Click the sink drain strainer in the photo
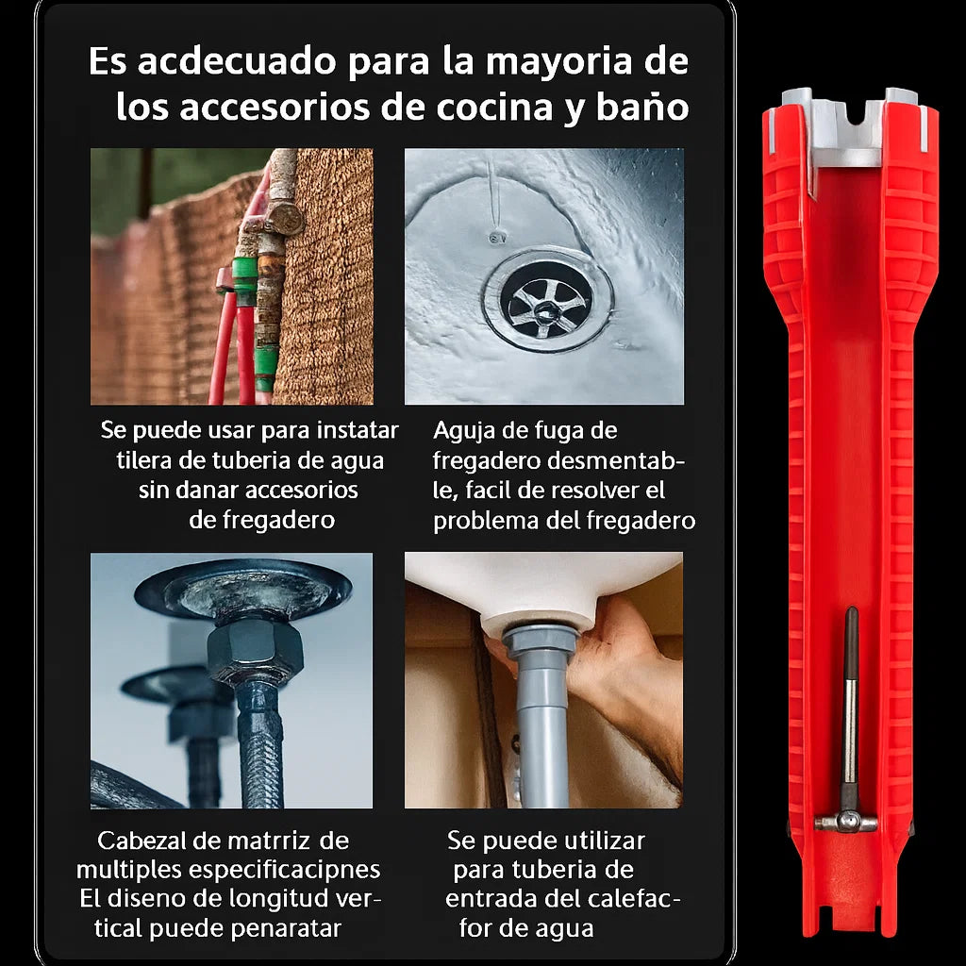[547, 299]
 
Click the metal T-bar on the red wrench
[845, 821]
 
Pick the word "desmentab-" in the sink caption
[613, 461]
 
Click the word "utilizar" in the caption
[598, 841]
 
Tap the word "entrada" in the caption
[494, 899]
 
